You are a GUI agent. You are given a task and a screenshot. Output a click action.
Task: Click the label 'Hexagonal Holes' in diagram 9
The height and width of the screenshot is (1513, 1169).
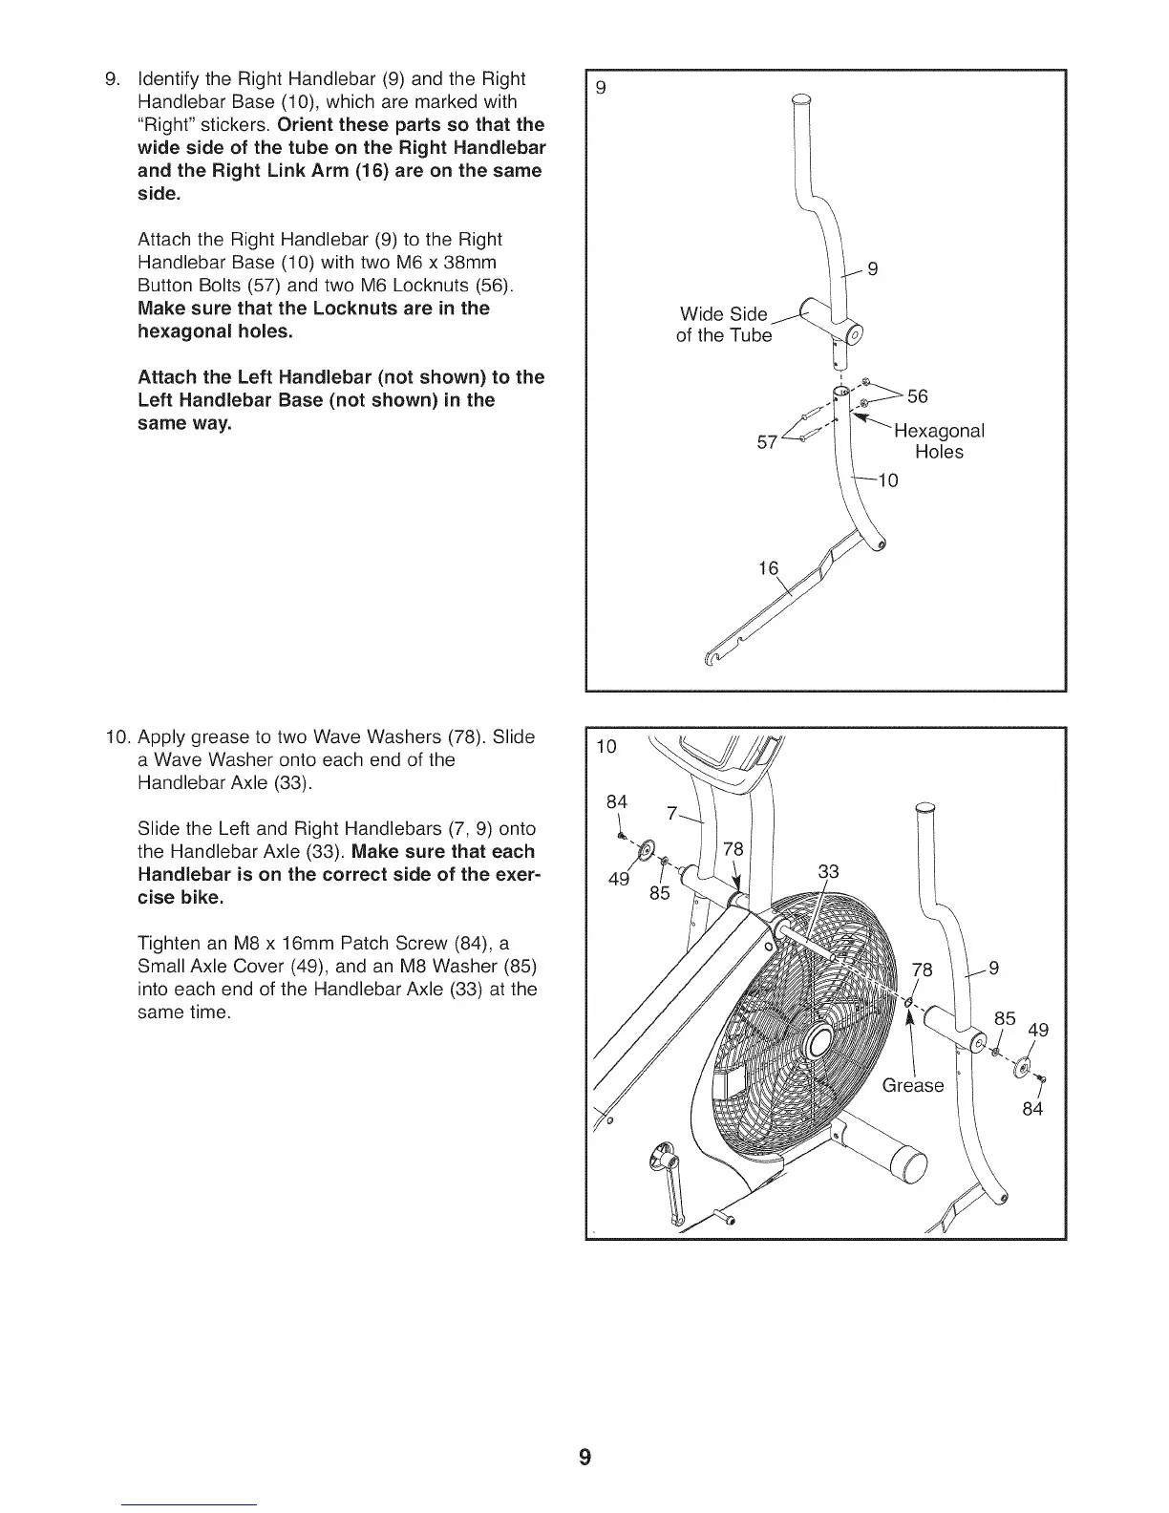[x=938, y=441]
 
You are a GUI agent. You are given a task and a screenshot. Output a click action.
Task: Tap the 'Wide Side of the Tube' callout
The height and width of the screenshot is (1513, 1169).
[x=723, y=325]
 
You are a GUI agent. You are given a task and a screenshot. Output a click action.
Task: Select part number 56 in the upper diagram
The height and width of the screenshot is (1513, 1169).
[x=917, y=396]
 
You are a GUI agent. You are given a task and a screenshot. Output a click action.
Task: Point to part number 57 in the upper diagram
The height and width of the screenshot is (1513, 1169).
[x=767, y=442]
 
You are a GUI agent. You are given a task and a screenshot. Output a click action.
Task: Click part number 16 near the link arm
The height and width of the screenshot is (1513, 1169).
[x=768, y=569]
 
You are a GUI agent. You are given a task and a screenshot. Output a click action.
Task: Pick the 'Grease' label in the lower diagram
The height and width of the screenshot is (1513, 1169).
[x=912, y=1085]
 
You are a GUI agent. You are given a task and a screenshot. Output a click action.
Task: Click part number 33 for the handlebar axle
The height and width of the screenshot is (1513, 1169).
[x=830, y=872]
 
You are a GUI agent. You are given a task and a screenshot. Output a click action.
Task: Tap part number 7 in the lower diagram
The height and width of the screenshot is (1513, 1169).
[x=671, y=814]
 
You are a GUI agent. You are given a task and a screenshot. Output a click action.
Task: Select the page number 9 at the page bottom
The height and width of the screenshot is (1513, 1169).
[x=584, y=1457]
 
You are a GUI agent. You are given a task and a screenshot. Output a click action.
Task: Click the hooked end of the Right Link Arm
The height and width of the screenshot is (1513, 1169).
[x=710, y=656]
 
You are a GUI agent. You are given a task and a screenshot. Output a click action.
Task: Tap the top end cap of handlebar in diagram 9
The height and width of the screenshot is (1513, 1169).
[x=800, y=98]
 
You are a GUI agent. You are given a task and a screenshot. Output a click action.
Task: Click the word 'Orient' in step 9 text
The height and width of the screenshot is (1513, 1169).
[x=307, y=125]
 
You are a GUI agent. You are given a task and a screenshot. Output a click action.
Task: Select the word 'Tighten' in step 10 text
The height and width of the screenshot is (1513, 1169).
[x=168, y=944]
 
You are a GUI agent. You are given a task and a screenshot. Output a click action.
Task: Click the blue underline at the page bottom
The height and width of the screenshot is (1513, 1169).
[x=190, y=1503]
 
